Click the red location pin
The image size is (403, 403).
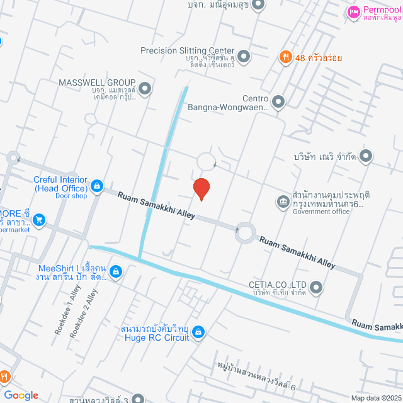[201, 188]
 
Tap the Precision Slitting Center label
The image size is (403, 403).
[187, 50]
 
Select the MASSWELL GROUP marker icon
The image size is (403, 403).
[145, 89]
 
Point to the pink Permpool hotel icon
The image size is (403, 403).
[353, 11]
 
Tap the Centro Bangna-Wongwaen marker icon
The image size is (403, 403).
[278, 101]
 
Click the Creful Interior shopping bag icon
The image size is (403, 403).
[97, 185]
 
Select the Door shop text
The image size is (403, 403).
[71, 196]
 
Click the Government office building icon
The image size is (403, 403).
[283, 201]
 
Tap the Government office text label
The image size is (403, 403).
[321, 212]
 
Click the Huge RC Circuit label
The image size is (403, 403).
[155, 338]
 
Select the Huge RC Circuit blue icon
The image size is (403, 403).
[198, 331]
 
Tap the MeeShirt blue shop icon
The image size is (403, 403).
[115, 271]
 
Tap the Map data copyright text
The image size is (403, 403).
[376, 398]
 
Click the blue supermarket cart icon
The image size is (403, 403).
[39, 219]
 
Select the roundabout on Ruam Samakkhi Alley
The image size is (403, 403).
[245, 234]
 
